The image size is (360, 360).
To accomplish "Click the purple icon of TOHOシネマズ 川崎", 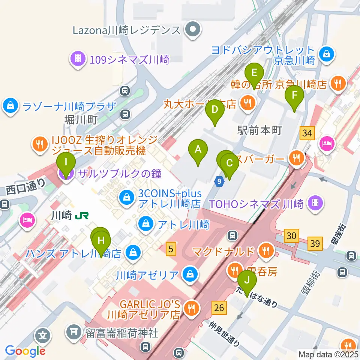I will coord(315,204).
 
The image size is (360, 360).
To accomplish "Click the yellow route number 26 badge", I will coord(219,308).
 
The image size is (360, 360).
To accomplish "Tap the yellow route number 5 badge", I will coord(171,248).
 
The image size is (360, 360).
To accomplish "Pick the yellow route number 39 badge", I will coord(315,244).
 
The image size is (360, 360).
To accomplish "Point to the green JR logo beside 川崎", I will coord(82,216).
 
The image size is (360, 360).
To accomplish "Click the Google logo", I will coord(25,351).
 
